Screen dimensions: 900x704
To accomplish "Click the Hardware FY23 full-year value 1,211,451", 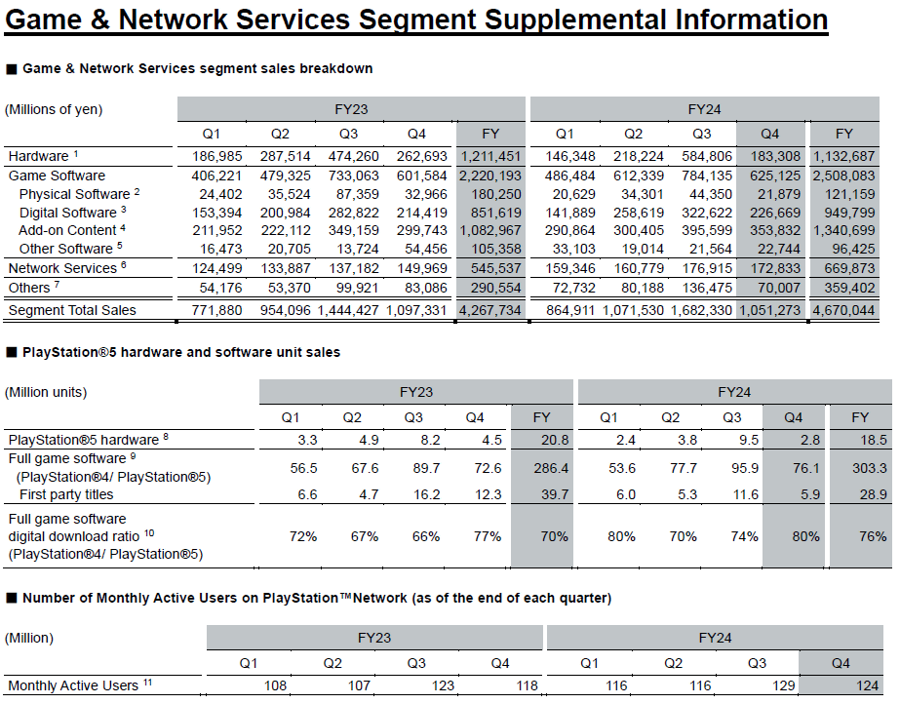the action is (x=490, y=156).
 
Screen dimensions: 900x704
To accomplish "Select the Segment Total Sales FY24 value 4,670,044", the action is (x=843, y=310).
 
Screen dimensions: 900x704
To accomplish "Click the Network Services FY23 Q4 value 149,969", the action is (x=422, y=268).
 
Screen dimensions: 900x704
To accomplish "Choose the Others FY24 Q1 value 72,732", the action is (x=570, y=288).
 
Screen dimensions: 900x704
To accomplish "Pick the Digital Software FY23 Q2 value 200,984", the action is (x=286, y=213).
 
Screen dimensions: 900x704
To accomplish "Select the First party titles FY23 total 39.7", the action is (x=555, y=494).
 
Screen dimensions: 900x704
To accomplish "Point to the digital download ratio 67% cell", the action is (x=365, y=536).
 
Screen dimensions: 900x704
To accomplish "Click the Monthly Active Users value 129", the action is (x=784, y=685).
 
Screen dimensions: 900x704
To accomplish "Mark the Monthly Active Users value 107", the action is (x=359, y=685).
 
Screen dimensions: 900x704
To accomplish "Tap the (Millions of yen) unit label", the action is (x=54, y=109).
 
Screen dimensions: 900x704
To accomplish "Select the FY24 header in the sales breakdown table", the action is (x=704, y=109).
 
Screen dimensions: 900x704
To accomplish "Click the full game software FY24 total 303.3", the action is (x=870, y=468).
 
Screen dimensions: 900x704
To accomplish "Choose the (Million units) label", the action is (x=46, y=392).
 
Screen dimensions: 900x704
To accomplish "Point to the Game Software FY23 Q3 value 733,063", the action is (x=354, y=176).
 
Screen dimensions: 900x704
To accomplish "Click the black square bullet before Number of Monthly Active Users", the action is (x=12, y=599).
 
